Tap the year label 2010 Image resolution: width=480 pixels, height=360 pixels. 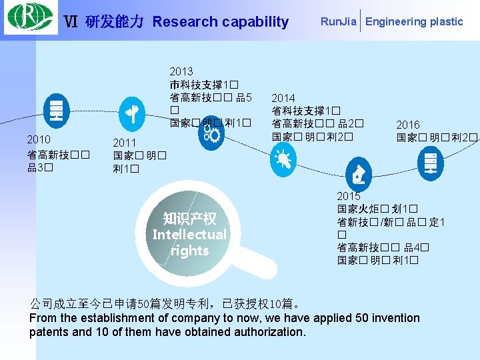point(39,140)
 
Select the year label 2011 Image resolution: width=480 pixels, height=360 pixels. point(125,143)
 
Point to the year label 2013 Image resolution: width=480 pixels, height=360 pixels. point(181,71)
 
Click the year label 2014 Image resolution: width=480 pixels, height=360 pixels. point(283,98)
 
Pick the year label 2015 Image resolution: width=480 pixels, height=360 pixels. point(349,196)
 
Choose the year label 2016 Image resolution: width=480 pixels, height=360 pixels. point(408,125)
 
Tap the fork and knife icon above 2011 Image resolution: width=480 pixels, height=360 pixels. point(132,113)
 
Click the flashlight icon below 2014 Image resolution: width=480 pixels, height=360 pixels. point(283,159)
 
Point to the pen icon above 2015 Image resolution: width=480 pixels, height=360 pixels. point(359,175)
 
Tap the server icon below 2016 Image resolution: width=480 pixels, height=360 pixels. point(430,162)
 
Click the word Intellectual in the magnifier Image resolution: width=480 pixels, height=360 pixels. point(189,235)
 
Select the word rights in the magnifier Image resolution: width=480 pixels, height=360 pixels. point(189,251)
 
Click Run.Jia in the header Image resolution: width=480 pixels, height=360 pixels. point(338,21)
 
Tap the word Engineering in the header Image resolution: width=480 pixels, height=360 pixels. point(396,21)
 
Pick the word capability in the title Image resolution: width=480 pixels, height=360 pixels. point(255,22)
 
